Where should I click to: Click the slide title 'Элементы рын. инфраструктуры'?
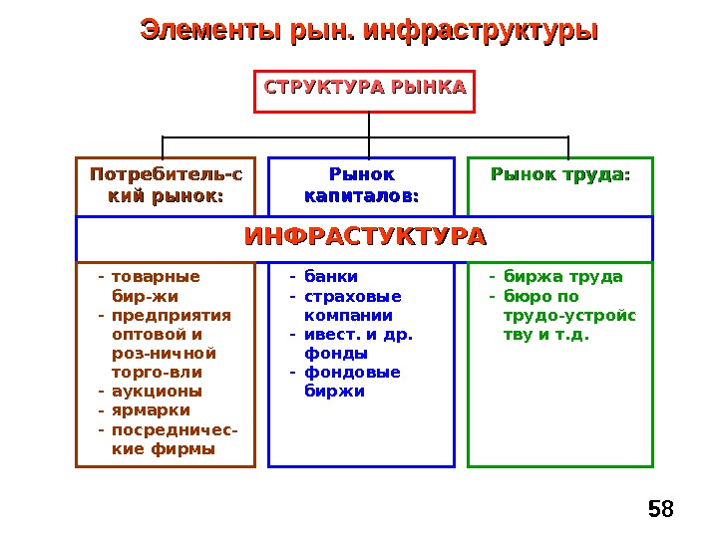point(369,29)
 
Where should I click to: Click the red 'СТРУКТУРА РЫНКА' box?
point(365,89)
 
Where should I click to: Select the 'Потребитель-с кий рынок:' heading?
point(166,185)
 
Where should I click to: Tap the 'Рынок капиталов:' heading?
point(362,185)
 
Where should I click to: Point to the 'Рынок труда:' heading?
point(560,175)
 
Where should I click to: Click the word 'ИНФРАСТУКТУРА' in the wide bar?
point(365,238)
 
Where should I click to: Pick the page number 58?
point(660,510)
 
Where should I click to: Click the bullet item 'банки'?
point(330,277)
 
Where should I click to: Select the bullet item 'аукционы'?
point(157,392)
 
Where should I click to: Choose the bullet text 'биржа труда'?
point(562,277)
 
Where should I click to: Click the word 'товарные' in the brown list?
point(156,277)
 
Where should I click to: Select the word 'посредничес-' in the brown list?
point(176,429)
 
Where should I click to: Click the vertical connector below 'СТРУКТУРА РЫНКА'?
point(369,124)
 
